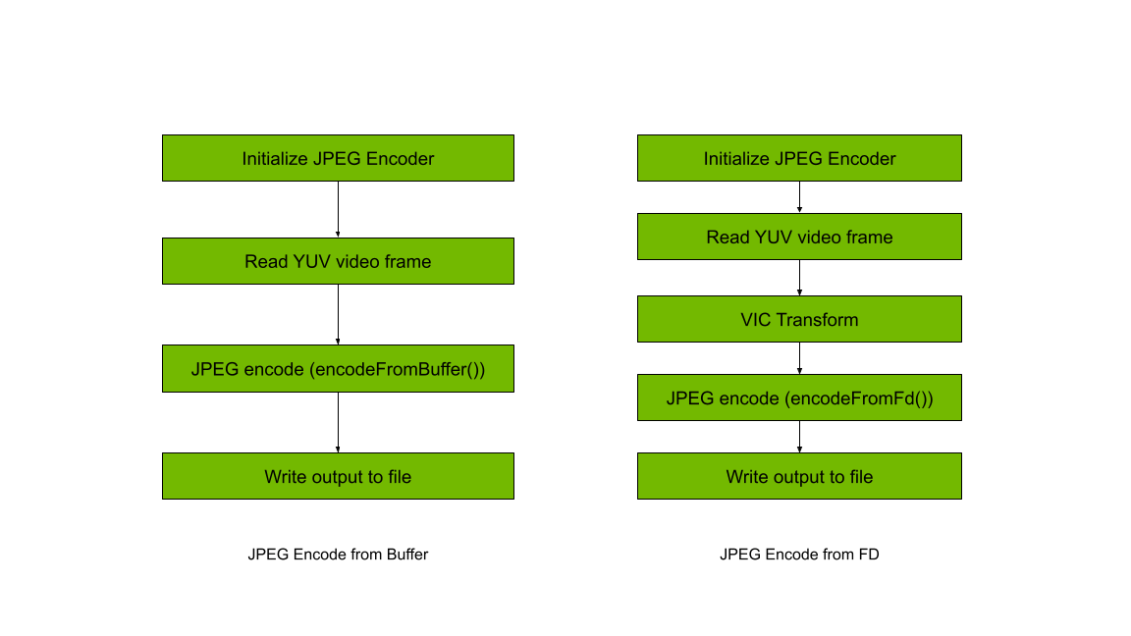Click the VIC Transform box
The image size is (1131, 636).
pos(799,319)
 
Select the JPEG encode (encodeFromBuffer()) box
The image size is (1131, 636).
pos(338,369)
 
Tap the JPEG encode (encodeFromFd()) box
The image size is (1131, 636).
pos(799,397)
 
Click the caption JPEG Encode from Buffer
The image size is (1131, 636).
pos(338,555)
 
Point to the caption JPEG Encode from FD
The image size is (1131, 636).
pos(799,555)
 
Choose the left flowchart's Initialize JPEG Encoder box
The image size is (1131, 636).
pos(338,158)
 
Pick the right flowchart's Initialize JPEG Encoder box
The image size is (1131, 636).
pos(799,158)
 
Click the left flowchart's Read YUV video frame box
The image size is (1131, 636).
pos(338,261)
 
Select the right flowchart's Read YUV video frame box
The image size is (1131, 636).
pos(799,237)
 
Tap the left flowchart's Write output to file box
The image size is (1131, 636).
pos(338,476)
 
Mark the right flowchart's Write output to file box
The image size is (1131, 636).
pos(799,476)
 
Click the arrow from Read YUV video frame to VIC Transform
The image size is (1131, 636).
pos(799,278)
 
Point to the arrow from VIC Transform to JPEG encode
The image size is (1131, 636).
pos(799,357)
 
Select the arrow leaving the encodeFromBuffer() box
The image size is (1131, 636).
pos(338,422)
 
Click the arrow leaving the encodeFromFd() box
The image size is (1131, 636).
pos(799,437)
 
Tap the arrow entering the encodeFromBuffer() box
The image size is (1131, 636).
pos(338,314)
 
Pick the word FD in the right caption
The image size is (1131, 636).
pos(868,555)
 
